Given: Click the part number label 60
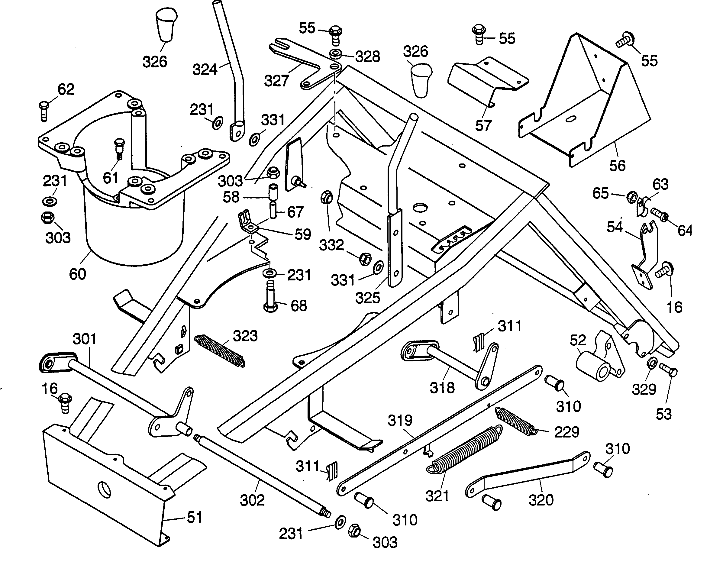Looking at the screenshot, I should click(x=77, y=274).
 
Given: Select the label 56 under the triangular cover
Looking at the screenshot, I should click(x=617, y=166).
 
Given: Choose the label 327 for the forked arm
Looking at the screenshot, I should click(x=276, y=81).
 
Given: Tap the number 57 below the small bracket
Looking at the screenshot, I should click(x=483, y=125).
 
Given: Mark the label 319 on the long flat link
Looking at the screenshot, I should click(x=400, y=421).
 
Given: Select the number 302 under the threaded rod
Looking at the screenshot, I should click(x=252, y=500).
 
